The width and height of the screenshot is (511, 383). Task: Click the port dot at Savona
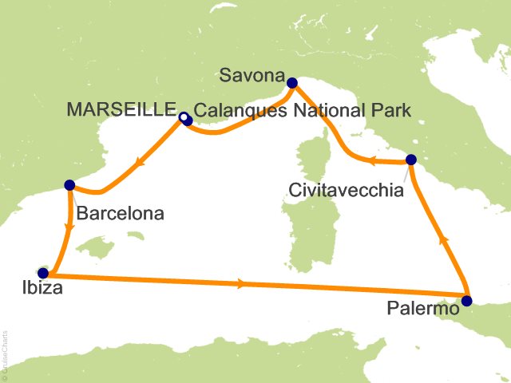292,81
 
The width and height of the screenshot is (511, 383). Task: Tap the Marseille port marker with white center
184,119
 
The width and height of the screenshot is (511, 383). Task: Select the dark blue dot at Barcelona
69,185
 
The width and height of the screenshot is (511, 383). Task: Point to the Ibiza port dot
42,272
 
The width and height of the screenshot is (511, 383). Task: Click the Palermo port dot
467,301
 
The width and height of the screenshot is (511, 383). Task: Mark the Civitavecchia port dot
410,160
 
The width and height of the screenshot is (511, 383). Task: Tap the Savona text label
252,77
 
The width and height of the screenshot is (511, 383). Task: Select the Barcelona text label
121,214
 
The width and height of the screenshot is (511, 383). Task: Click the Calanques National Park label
303,113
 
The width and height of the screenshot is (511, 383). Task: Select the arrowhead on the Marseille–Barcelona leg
139,164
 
